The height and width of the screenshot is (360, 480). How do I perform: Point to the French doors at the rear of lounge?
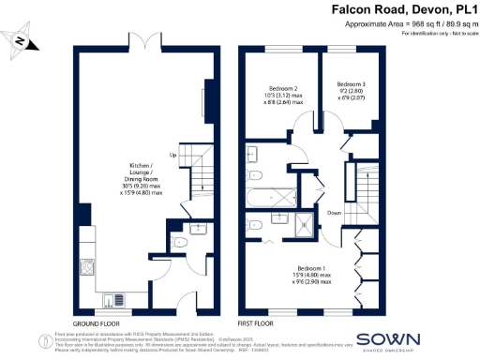coord(140,45)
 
